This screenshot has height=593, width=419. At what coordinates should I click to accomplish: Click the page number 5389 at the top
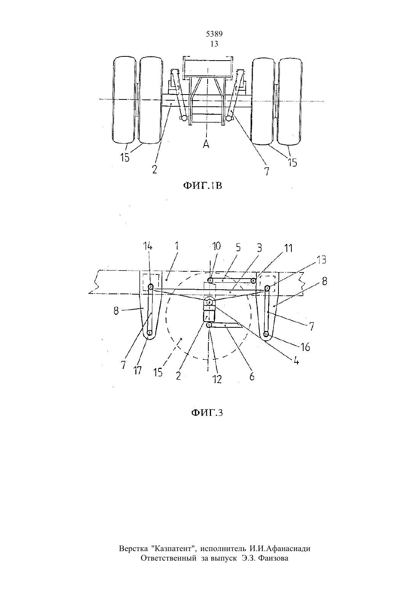214,34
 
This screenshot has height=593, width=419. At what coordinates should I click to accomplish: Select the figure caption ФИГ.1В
203,186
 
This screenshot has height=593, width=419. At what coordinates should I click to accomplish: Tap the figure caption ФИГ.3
207,413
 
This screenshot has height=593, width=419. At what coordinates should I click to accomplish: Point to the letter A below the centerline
206,144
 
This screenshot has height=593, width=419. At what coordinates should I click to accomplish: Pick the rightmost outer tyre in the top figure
290,102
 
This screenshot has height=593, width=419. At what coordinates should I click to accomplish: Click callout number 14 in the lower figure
148,247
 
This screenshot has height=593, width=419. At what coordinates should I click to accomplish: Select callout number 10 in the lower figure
216,247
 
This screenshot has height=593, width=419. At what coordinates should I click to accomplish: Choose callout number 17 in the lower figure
137,370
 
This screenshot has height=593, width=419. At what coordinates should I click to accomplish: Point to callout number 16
305,347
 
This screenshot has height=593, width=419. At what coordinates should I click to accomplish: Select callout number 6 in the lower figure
252,377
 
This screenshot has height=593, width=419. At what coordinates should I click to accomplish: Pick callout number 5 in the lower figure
238,247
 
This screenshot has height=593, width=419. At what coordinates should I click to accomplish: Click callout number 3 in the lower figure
259,248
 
